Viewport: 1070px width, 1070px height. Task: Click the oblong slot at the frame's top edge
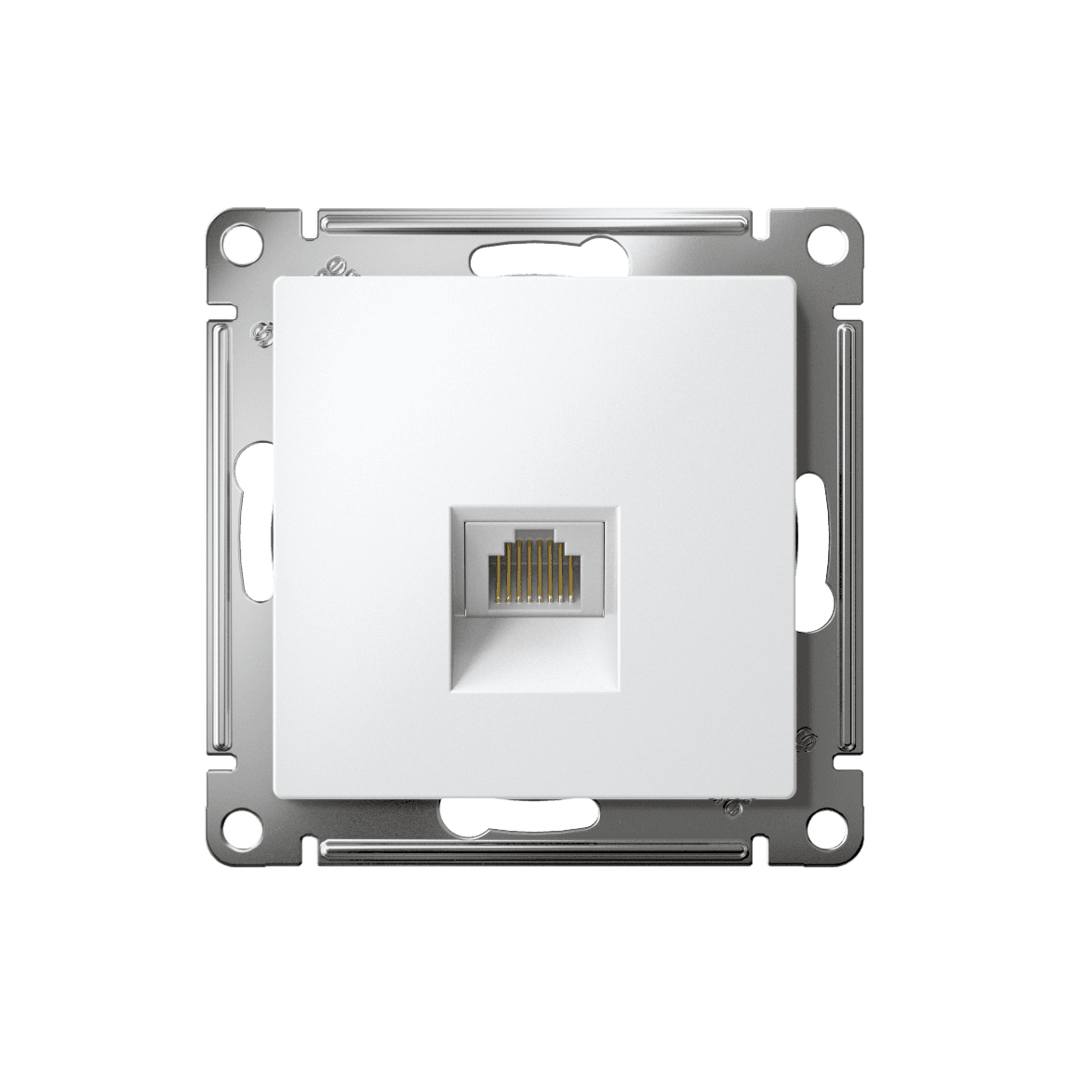535,258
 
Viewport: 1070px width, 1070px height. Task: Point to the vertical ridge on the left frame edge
221,535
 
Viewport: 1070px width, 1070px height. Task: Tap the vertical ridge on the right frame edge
848,535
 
